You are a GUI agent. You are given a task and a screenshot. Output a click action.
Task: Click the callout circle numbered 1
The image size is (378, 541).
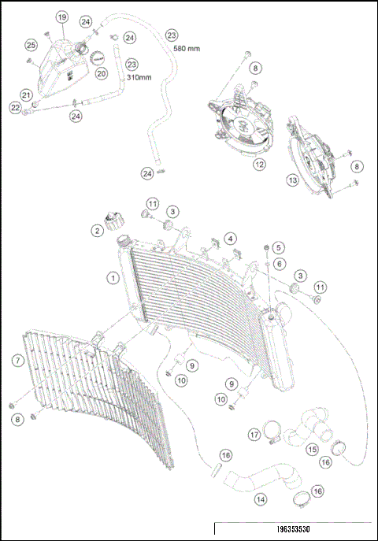[x=114, y=277]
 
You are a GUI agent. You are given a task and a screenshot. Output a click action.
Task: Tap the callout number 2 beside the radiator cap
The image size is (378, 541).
[x=97, y=231]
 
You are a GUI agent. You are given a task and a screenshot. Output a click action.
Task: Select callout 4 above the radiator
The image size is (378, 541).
[x=229, y=238]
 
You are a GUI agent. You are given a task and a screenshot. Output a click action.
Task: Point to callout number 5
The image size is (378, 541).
[x=278, y=249]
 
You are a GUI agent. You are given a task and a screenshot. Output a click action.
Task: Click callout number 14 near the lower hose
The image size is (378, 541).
[x=259, y=498]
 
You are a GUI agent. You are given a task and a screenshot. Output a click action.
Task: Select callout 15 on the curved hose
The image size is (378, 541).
[x=312, y=449]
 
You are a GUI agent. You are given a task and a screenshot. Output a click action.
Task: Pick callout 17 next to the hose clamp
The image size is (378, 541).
[x=254, y=434]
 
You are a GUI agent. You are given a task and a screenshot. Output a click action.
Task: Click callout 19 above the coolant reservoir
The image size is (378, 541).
[x=62, y=17]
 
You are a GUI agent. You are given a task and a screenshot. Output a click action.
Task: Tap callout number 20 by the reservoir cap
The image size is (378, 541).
[x=101, y=73]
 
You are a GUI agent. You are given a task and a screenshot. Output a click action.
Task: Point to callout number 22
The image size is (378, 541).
[x=15, y=108]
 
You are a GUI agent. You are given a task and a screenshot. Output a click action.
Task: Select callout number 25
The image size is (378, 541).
[x=31, y=45]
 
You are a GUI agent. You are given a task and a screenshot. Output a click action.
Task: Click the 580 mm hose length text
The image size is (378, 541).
[x=186, y=49]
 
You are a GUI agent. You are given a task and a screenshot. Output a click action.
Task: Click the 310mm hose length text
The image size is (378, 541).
[x=139, y=78]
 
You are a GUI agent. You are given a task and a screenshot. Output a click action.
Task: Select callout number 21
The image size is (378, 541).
[x=26, y=95]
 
